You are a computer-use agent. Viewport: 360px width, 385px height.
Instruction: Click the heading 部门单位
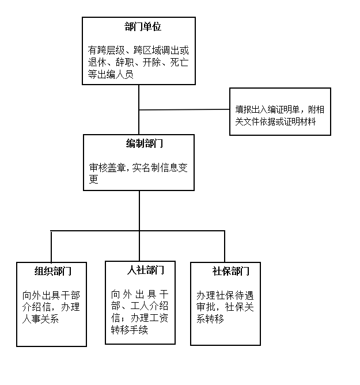[x=143, y=26]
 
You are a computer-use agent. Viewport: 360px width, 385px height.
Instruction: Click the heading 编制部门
[x=144, y=143]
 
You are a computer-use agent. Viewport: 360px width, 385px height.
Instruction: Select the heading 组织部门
[x=53, y=271]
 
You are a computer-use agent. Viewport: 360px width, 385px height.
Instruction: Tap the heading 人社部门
[x=146, y=270]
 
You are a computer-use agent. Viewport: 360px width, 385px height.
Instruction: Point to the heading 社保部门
[x=231, y=271]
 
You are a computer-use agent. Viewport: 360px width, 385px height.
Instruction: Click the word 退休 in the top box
[x=97, y=62]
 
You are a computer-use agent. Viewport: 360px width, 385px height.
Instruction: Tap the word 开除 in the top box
[x=152, y=62]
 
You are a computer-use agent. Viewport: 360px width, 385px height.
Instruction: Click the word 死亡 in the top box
[x=179, y=62]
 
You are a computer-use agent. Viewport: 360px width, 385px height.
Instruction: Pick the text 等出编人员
[x=111, y=74]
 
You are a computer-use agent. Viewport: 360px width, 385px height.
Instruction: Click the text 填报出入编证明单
[x=267, y=109]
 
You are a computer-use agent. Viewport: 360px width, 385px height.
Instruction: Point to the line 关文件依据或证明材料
[x=275, y=121]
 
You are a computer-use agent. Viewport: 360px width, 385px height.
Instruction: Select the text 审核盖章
[x=107, y=167]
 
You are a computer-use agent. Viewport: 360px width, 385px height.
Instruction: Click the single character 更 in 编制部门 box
[x=94, y=179]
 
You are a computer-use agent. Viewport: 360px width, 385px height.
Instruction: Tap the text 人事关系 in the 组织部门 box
[x=40, y=319]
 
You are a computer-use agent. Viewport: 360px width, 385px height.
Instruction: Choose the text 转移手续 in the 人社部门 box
[x=129, y=330]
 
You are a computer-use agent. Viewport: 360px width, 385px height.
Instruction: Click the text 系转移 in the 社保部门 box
[x=210, y=319]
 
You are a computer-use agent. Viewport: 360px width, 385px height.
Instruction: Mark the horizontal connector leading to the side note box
[x=184, y=109]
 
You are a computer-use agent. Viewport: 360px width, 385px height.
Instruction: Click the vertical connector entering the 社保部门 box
[x=225, y=246]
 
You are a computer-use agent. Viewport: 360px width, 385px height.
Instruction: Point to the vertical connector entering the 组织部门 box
[x=51, y=246]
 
